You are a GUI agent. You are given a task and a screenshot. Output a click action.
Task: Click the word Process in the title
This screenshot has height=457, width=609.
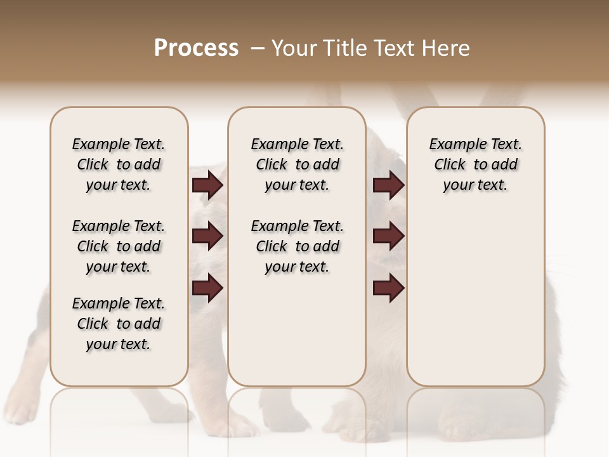(x=196, y=48)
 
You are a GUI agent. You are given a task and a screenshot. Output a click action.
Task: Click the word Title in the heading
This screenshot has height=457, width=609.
(x=346, y=48)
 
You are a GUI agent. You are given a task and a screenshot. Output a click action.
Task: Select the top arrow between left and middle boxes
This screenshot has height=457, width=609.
(x=207, y=185)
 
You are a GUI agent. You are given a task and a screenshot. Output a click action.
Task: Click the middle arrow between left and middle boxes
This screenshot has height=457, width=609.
(x=207, y=236)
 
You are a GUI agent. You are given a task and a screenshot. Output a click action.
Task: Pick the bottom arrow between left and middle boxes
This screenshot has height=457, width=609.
(x=207, y=288)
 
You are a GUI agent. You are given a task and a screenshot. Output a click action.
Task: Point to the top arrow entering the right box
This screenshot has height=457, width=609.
(x=389, y=185)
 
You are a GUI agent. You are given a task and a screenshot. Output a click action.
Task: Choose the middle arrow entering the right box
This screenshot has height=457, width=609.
(x=389, y=236)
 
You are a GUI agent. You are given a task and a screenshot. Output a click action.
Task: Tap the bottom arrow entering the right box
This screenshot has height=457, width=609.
(x=389, y=288)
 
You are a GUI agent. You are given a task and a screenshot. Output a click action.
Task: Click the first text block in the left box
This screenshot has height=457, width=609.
(x=119, y=164)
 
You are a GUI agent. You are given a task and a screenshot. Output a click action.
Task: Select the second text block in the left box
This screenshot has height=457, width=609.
(x=119, y=246)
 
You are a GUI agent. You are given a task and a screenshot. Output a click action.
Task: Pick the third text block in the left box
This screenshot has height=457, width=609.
(x=119, y=324)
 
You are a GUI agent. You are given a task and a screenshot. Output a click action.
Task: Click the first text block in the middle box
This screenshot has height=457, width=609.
(x=297, y=164)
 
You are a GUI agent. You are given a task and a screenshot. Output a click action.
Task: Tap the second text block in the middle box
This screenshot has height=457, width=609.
(x=297, y=246)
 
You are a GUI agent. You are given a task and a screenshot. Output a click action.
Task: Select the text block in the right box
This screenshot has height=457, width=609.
(x=475, y=164)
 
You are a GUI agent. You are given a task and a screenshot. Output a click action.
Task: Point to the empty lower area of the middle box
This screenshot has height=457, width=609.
(x=297, y=330)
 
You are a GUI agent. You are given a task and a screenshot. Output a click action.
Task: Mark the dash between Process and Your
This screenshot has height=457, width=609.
(x=257, y=48)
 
